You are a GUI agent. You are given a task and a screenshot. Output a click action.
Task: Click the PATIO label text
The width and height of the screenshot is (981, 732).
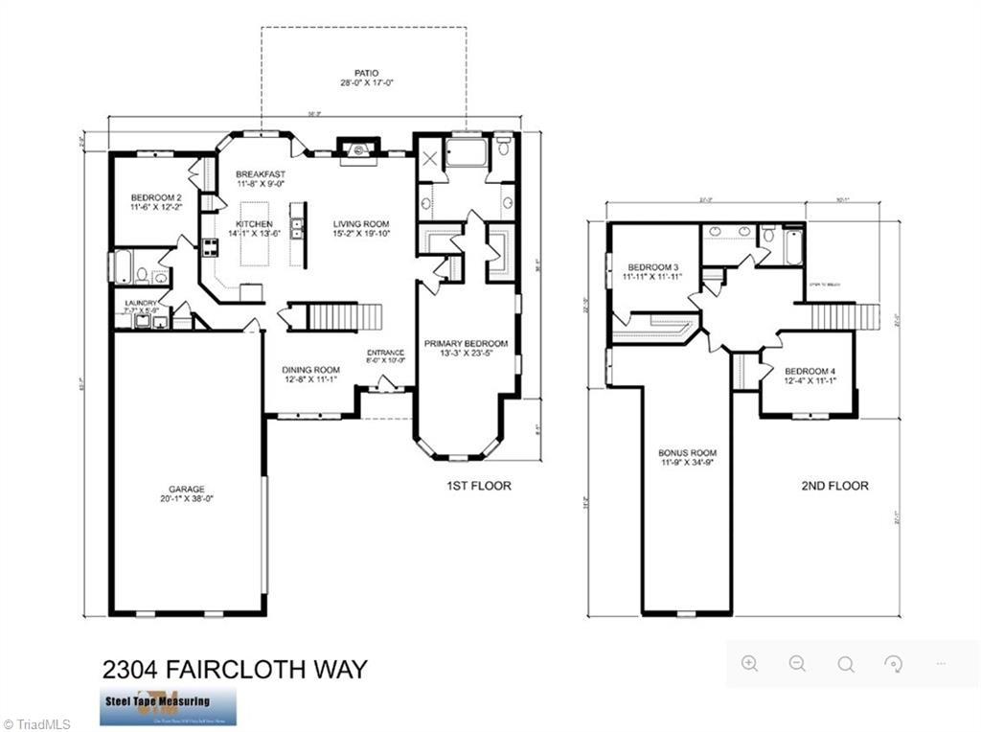(x=365, y=74)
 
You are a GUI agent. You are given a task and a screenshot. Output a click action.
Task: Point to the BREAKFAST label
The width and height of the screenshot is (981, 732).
(x=261, y=174)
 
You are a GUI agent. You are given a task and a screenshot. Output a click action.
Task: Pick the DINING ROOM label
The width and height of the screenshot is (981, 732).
(x=310, y=370)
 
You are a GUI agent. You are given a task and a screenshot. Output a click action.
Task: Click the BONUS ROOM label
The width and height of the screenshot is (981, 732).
(x=687, y=453)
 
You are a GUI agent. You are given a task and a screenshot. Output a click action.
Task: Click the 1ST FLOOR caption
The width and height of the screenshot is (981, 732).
(x=479, y=486)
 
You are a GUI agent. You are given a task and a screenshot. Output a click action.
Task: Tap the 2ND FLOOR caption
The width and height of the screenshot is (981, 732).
(x=834, y=486)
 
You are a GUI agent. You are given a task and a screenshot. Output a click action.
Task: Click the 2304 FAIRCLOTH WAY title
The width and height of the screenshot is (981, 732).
(x=234, y=668)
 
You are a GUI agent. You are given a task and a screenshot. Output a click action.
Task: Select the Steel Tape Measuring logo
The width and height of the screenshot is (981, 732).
(x=169, y=705)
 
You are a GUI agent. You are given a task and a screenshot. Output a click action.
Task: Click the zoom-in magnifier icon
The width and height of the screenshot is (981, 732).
(x=749, y=664)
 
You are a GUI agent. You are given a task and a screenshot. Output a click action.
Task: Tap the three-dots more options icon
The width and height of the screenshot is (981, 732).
(x=941, y=664)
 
